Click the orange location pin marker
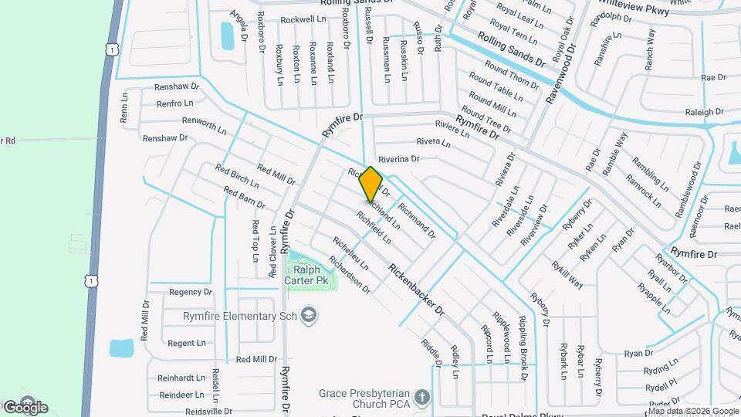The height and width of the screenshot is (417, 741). [x=370, y=184]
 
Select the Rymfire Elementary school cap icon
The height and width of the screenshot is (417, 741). [x=309, y=315]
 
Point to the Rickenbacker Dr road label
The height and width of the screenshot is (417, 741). [x=417, y=290]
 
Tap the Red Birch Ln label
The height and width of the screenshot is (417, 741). [x=237, y=177]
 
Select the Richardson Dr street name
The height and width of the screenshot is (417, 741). [x=350, y=275]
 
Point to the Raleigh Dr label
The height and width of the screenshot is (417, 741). [x=703, y=112]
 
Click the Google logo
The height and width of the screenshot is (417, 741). [x=25, y=407]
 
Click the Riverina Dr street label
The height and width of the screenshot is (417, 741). [x=398, y=158]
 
